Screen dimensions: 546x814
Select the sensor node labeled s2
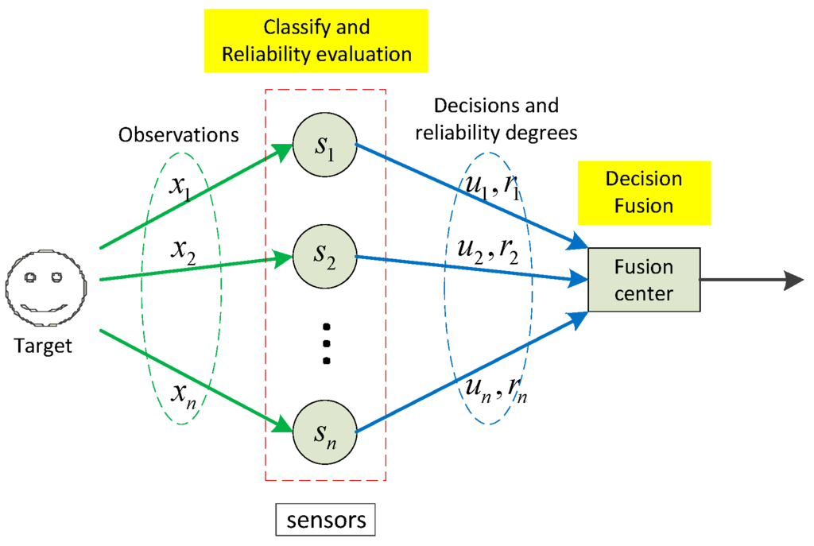pos(324,256)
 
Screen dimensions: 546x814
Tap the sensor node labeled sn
pos(324,432)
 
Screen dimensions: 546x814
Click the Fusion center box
pos(643,280)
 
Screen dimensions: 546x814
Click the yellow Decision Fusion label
pos(644,192)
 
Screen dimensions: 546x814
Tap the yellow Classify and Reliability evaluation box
pos(316,41)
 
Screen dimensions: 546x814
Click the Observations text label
pos(179,134)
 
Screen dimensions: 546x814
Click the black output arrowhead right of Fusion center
pos(794,280)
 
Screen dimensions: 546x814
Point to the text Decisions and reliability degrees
pos(497,118)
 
